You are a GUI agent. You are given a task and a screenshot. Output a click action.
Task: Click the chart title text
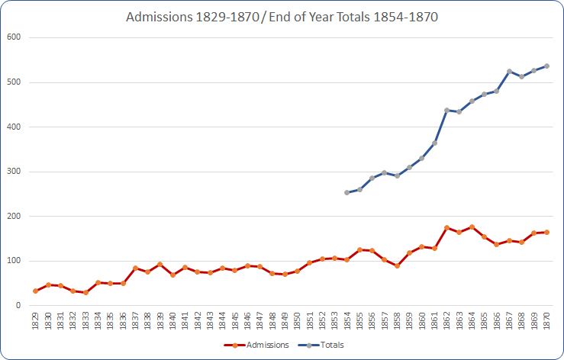[x=282, y=17]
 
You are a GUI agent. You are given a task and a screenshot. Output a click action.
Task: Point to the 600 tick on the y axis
[x=15, y=37]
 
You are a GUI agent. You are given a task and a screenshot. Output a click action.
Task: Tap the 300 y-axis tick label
[x=15, y=172]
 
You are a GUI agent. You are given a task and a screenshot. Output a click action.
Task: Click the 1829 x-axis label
[x=35, y=321]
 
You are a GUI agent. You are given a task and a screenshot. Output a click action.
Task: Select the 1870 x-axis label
[x=547, y=321]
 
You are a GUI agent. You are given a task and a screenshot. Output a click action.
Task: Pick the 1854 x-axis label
[x=347, y=321]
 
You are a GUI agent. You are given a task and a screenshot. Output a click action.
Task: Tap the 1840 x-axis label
[x=172, y=321]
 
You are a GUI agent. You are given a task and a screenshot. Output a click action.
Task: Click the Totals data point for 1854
[x=347, y=192]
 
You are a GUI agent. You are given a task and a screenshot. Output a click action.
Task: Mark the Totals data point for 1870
[x=547, y=66]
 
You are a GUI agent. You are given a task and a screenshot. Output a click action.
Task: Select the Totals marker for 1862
[x=447, y=110]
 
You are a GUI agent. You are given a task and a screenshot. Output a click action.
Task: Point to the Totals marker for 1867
[x=510, y=71]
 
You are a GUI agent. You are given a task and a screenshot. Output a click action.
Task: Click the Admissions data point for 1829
[x=35, y=291]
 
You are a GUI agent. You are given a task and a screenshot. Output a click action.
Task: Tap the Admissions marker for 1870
[x=547, y=232]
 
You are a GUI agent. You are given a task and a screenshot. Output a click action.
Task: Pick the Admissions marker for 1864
[x=472, y=227]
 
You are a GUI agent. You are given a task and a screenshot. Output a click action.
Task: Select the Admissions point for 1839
[x=160, y=264]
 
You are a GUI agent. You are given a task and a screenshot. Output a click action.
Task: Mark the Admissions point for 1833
[x=85, y=292]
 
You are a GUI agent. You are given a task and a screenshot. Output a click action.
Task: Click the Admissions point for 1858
[x=398, y=265]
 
